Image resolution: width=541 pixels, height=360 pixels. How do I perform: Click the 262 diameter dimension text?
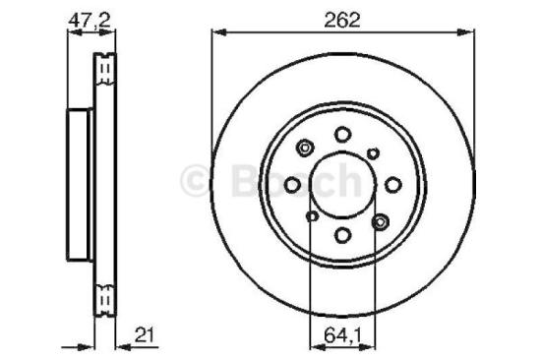(342, 19)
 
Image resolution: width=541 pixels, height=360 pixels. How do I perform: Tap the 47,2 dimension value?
(87, 19)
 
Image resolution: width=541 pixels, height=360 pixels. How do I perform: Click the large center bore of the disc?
(342, 184)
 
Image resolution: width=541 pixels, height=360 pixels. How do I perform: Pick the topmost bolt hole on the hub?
(342, 134)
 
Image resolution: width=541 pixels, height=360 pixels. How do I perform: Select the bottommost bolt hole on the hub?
(342, 234)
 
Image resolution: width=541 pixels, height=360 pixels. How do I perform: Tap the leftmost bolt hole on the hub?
(292, 184)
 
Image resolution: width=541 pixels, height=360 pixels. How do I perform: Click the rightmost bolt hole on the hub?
(392, 184)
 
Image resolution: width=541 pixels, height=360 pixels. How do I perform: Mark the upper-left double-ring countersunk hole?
(304, 149)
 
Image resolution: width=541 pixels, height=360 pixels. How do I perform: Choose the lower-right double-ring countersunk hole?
(380, 222)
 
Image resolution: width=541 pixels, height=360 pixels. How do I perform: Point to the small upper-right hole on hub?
(374, 151)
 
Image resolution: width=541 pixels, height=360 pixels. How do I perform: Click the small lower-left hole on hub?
(312, 216)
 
